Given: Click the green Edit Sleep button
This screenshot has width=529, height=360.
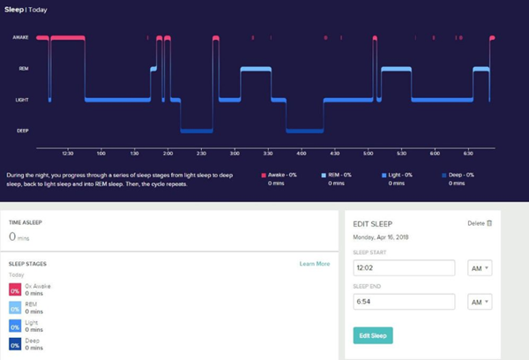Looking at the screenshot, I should (372, 335).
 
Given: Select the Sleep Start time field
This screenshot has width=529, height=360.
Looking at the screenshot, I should (403, 267).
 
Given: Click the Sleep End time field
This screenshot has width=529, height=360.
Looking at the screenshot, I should (403, 302).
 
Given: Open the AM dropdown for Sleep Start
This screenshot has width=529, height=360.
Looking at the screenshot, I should (480, 267).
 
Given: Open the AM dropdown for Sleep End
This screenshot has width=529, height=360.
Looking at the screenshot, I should (480, 302).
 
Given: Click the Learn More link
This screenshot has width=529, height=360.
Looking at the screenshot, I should (314, 264).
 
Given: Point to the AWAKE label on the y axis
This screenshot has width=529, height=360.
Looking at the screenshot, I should (21, 38).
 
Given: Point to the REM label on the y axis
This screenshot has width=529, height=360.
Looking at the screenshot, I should (24, 69).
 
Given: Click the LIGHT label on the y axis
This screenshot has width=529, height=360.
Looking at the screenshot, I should (23, 100).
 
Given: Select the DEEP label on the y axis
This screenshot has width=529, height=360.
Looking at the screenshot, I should (23, 131).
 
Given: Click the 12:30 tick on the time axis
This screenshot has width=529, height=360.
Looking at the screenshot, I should (68, 152).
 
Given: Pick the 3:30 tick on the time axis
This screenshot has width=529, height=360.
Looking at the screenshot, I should (268, 152).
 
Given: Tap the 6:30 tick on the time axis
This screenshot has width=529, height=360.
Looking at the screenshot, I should (468, 152).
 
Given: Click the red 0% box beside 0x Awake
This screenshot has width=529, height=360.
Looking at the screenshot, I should (14, 289).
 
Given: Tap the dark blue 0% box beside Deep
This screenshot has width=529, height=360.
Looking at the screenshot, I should (14, 343).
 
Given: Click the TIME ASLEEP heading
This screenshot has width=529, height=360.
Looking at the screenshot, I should (26, 224).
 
